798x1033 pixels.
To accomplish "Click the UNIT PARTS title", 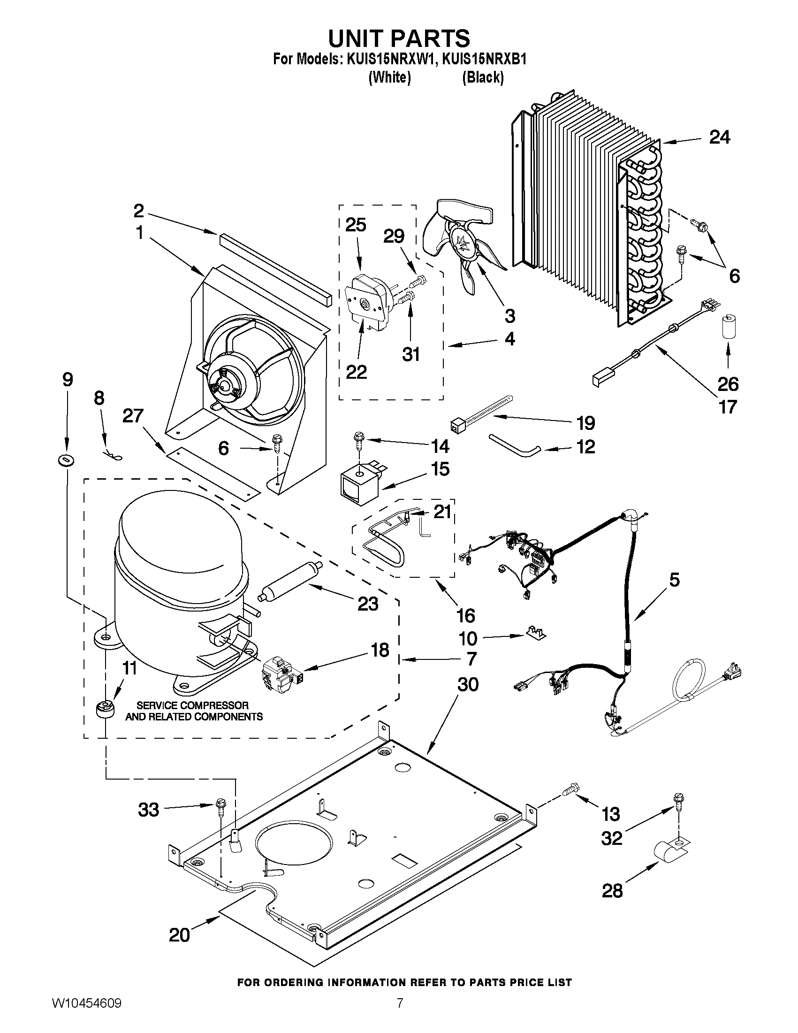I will [398, 38].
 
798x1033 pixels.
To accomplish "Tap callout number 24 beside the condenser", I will [720, 137].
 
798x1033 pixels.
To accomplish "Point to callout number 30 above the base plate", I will [468, 684].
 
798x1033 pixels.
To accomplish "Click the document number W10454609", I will [86, 1013].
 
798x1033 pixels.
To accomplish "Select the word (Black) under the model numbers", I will [483, 77].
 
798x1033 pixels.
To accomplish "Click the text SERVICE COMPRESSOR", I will [192, 706].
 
